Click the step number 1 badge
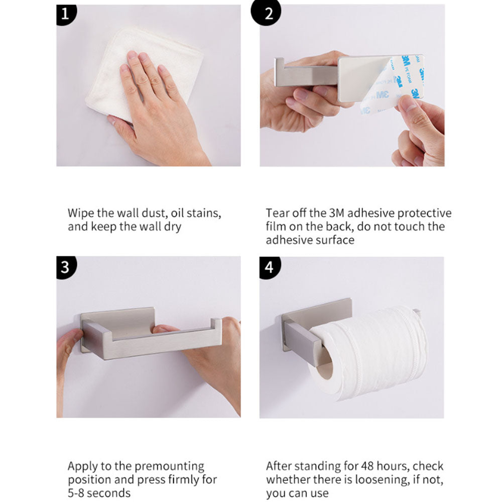[66, 14]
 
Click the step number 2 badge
[266, 13]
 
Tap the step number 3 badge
[66, 267]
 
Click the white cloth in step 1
[144, 74]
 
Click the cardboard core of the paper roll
[324, 365]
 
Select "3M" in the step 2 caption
[336, 213]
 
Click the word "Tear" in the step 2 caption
[277, 213]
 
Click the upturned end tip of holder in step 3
[216, 323]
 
